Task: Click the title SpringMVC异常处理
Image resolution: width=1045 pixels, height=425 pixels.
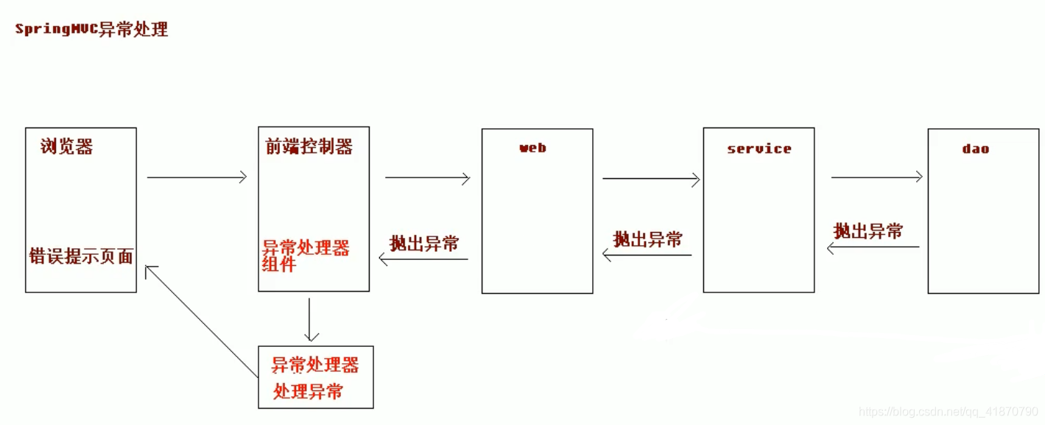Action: point(91,29)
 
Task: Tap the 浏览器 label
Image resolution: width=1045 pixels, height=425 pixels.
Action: point(67,147)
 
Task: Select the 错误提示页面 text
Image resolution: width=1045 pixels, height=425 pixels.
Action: point(81,256)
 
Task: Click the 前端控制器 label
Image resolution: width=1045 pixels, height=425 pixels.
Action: point(309,147)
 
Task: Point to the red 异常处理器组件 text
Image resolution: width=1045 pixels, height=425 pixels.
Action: point(305,256)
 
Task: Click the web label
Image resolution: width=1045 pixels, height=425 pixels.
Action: point(533,148)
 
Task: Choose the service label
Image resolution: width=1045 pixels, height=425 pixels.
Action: point(759,149)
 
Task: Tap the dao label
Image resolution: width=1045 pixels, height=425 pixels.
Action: point(975,149)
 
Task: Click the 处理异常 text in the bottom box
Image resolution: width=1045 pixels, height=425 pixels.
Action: point(308,392)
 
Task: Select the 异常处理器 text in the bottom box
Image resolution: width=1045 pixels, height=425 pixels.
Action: point(315,365)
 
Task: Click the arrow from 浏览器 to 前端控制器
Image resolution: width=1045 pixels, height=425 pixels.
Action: point(197,178)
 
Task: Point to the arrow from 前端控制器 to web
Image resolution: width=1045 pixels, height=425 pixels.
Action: point(427,178)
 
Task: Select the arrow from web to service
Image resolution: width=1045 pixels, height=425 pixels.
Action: point(651,178)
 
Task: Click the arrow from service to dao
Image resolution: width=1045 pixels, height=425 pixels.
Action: point(876,177)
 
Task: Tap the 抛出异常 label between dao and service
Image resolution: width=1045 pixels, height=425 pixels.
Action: point(868,231)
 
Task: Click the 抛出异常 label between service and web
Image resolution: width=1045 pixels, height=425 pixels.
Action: point(648,239)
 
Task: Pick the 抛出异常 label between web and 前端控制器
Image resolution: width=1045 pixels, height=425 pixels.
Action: point(424,244)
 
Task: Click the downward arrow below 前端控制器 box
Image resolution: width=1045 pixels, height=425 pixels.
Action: point(310,320)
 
